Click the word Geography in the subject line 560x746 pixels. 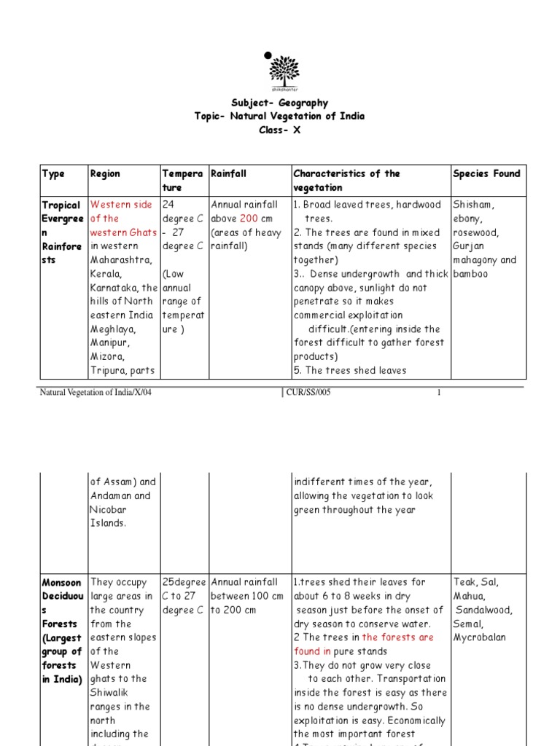(302, 103)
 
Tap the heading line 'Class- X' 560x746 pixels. (279, 130)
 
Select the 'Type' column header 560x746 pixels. (53, 173)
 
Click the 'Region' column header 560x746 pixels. (105, 173)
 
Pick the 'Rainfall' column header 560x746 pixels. (229, 173)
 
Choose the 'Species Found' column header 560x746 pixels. (486, 173)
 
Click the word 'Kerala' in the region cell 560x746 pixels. (105, 274)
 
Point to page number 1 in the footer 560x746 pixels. (439, 393)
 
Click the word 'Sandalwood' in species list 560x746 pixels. (484, 610)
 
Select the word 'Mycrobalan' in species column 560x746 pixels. (479, 637)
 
